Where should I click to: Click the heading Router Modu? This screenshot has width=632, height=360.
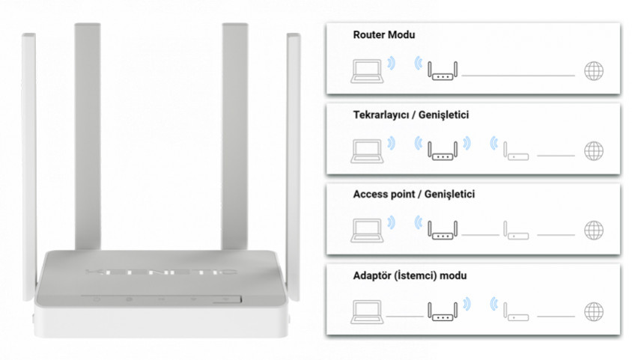[x=383, y=35]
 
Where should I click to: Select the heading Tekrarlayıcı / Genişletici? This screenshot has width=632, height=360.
[x=410, y=115]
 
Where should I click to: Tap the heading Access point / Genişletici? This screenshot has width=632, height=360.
[x=413, y=195]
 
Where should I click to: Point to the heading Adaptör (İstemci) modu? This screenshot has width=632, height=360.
[x=410, y=275]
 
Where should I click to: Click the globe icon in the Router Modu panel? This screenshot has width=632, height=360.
[x=594, y=71]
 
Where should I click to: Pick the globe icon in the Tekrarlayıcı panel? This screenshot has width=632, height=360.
[x=594, y=150]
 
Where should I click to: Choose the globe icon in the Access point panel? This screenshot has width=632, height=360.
[x=594, y=230]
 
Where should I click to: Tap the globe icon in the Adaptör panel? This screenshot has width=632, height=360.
[x=594, y=310]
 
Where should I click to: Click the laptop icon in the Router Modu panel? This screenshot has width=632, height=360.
[x=366, y=70]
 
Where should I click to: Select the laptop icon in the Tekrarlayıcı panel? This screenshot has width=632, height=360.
[x=366, y=149]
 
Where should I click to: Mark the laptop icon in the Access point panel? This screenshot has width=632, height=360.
[x=366, y=229]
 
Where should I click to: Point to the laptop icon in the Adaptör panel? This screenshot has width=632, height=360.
[x=366, y=309]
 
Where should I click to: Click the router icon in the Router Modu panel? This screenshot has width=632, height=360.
[x=443, y=70]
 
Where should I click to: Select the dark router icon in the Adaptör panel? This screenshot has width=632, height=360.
[x=443, y=308]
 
